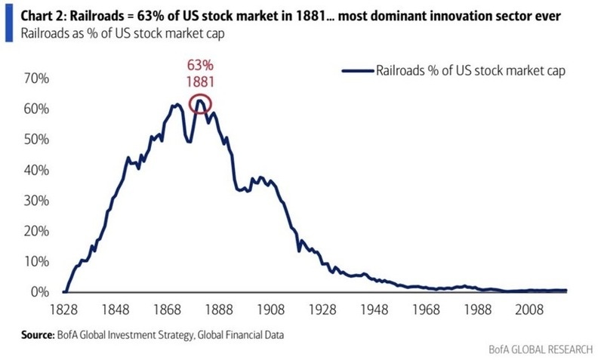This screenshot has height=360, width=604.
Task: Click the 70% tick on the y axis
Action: coord(35,78)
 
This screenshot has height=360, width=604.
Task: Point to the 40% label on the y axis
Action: coord(35,170)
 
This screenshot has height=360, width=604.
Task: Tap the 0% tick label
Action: coord(39,292)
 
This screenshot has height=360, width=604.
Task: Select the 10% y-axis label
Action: coord(35,261)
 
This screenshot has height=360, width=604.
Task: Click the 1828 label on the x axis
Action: coord(65,309)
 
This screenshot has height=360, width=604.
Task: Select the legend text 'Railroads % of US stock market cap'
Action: coord(468,71)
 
